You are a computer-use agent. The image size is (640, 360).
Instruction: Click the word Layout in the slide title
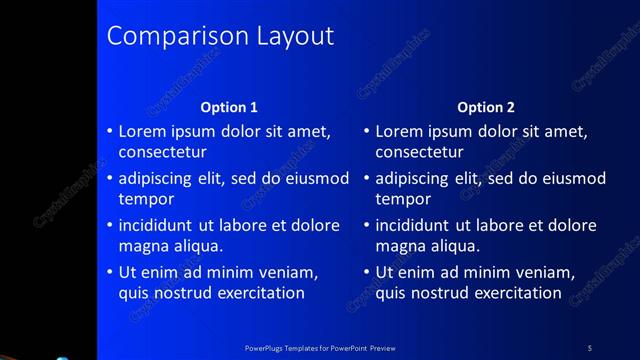click(x=292, y=37)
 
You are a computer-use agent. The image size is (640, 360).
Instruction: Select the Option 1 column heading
click(x=229, y=107)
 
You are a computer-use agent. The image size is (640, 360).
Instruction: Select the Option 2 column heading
click(x=486, y=107)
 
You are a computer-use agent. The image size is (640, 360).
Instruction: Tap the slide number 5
click(x=589, y=347)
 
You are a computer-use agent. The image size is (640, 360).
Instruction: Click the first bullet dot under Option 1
click(x=110, y=132)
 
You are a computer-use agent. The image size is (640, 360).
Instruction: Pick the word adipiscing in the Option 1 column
click(x=157, y=179)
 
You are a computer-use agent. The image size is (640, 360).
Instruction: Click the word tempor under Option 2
click(x=403, y=199)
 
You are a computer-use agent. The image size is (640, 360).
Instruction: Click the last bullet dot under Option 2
click(x=367, y=272)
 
